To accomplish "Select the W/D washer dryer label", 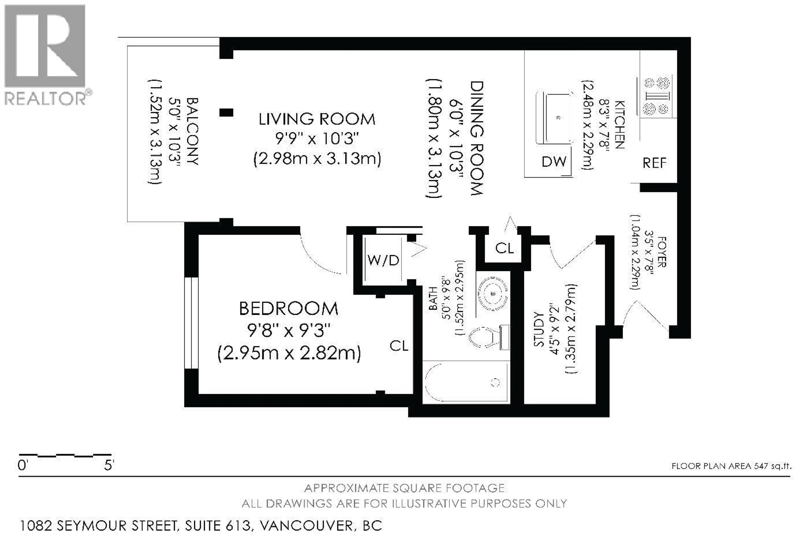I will pos(383,260).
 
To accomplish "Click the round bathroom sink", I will pos(493,293).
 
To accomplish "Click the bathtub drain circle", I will pos(495,382).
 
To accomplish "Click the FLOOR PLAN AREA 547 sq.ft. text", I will pos(731,466).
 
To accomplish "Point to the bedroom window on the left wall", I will pos(191,323).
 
